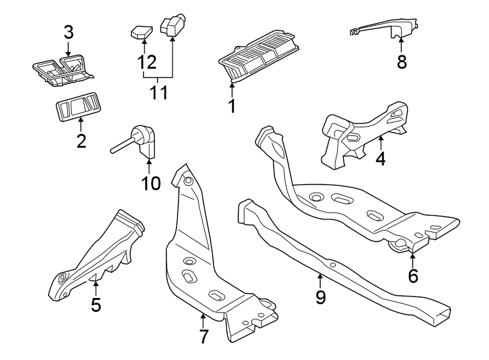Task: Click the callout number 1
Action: (x=232, y=105)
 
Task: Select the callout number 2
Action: (x=81, y=141)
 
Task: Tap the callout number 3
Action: (x=69, y=31)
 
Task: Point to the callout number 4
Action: (x=380, y=159)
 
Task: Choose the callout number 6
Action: (x=413, y=275)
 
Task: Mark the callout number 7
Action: (x=204, y=336)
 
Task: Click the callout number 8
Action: (x=401, y=61)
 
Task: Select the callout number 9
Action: (x=320, y=297)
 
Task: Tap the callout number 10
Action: (x=151, y=183)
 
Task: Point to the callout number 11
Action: (x=159, y=92)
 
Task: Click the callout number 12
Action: (x=147, y=62)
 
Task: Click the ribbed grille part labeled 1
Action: (x=258, y=57)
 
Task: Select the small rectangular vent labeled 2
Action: (x=79, y=107)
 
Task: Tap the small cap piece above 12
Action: (x=141, y=31)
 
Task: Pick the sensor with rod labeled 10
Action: (x=143, y=138)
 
